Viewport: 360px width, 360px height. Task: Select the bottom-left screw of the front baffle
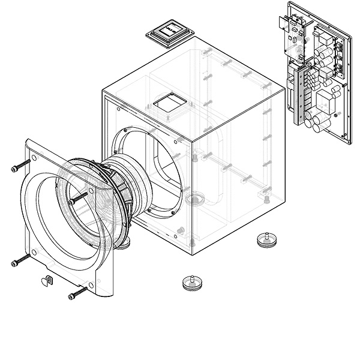point(20,260)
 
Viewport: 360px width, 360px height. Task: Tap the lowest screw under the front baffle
point(78,294)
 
